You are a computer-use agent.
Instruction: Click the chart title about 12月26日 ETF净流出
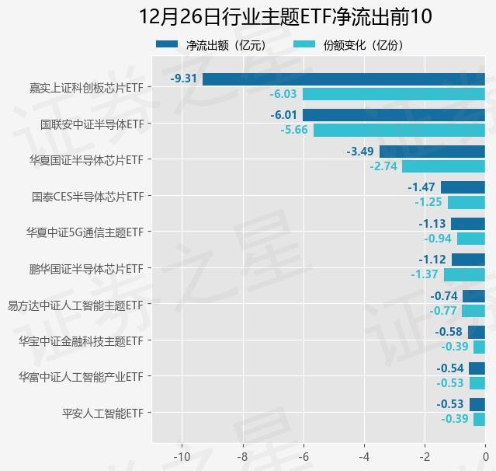tap(285, 17)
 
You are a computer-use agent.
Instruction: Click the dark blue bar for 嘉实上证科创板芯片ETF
tap(343, 78)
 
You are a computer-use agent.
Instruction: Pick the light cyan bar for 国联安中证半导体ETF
tap(399, 130)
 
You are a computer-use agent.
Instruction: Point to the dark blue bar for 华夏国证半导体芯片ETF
tap(432, 151)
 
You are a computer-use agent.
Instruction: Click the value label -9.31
tap(184, 78)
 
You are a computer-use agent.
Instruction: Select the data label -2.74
tap(383, 166)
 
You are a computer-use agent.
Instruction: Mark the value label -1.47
tap(421, 187)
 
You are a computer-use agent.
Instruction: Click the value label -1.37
tap(425, 274)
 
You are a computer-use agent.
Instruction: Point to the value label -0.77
tap(443, 311)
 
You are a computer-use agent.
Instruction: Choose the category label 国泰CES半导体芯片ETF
tap(87, 196)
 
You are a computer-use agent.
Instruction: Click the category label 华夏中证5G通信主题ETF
tap(84, 232)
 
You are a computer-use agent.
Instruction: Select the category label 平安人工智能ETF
tap(102, 413)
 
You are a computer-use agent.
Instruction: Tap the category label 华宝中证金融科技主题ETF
tap(81, 340)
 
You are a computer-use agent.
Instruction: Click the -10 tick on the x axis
tap(182, 456)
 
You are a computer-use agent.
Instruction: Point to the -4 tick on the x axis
tap(364, 456)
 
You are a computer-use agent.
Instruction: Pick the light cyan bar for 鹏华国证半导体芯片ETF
tap(464, 274)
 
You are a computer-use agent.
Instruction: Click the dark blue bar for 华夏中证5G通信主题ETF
tap(468, 224)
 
